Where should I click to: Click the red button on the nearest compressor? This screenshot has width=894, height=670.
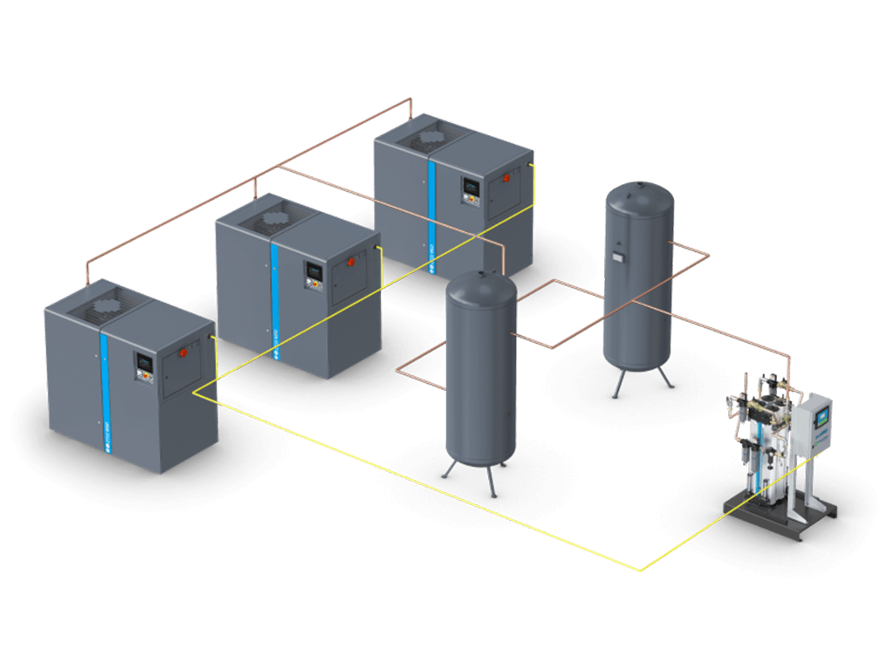click(x=183, y=353)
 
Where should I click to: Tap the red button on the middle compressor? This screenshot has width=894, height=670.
click(x=352, y=261)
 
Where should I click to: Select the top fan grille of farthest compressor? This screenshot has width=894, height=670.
click(x=428, y=138)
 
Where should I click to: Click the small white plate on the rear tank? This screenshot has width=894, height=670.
click(x=617, y=257)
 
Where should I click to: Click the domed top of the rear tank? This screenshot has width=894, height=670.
click(x=640, y=193)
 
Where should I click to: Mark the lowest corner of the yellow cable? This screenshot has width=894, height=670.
click(x=642, y=571)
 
